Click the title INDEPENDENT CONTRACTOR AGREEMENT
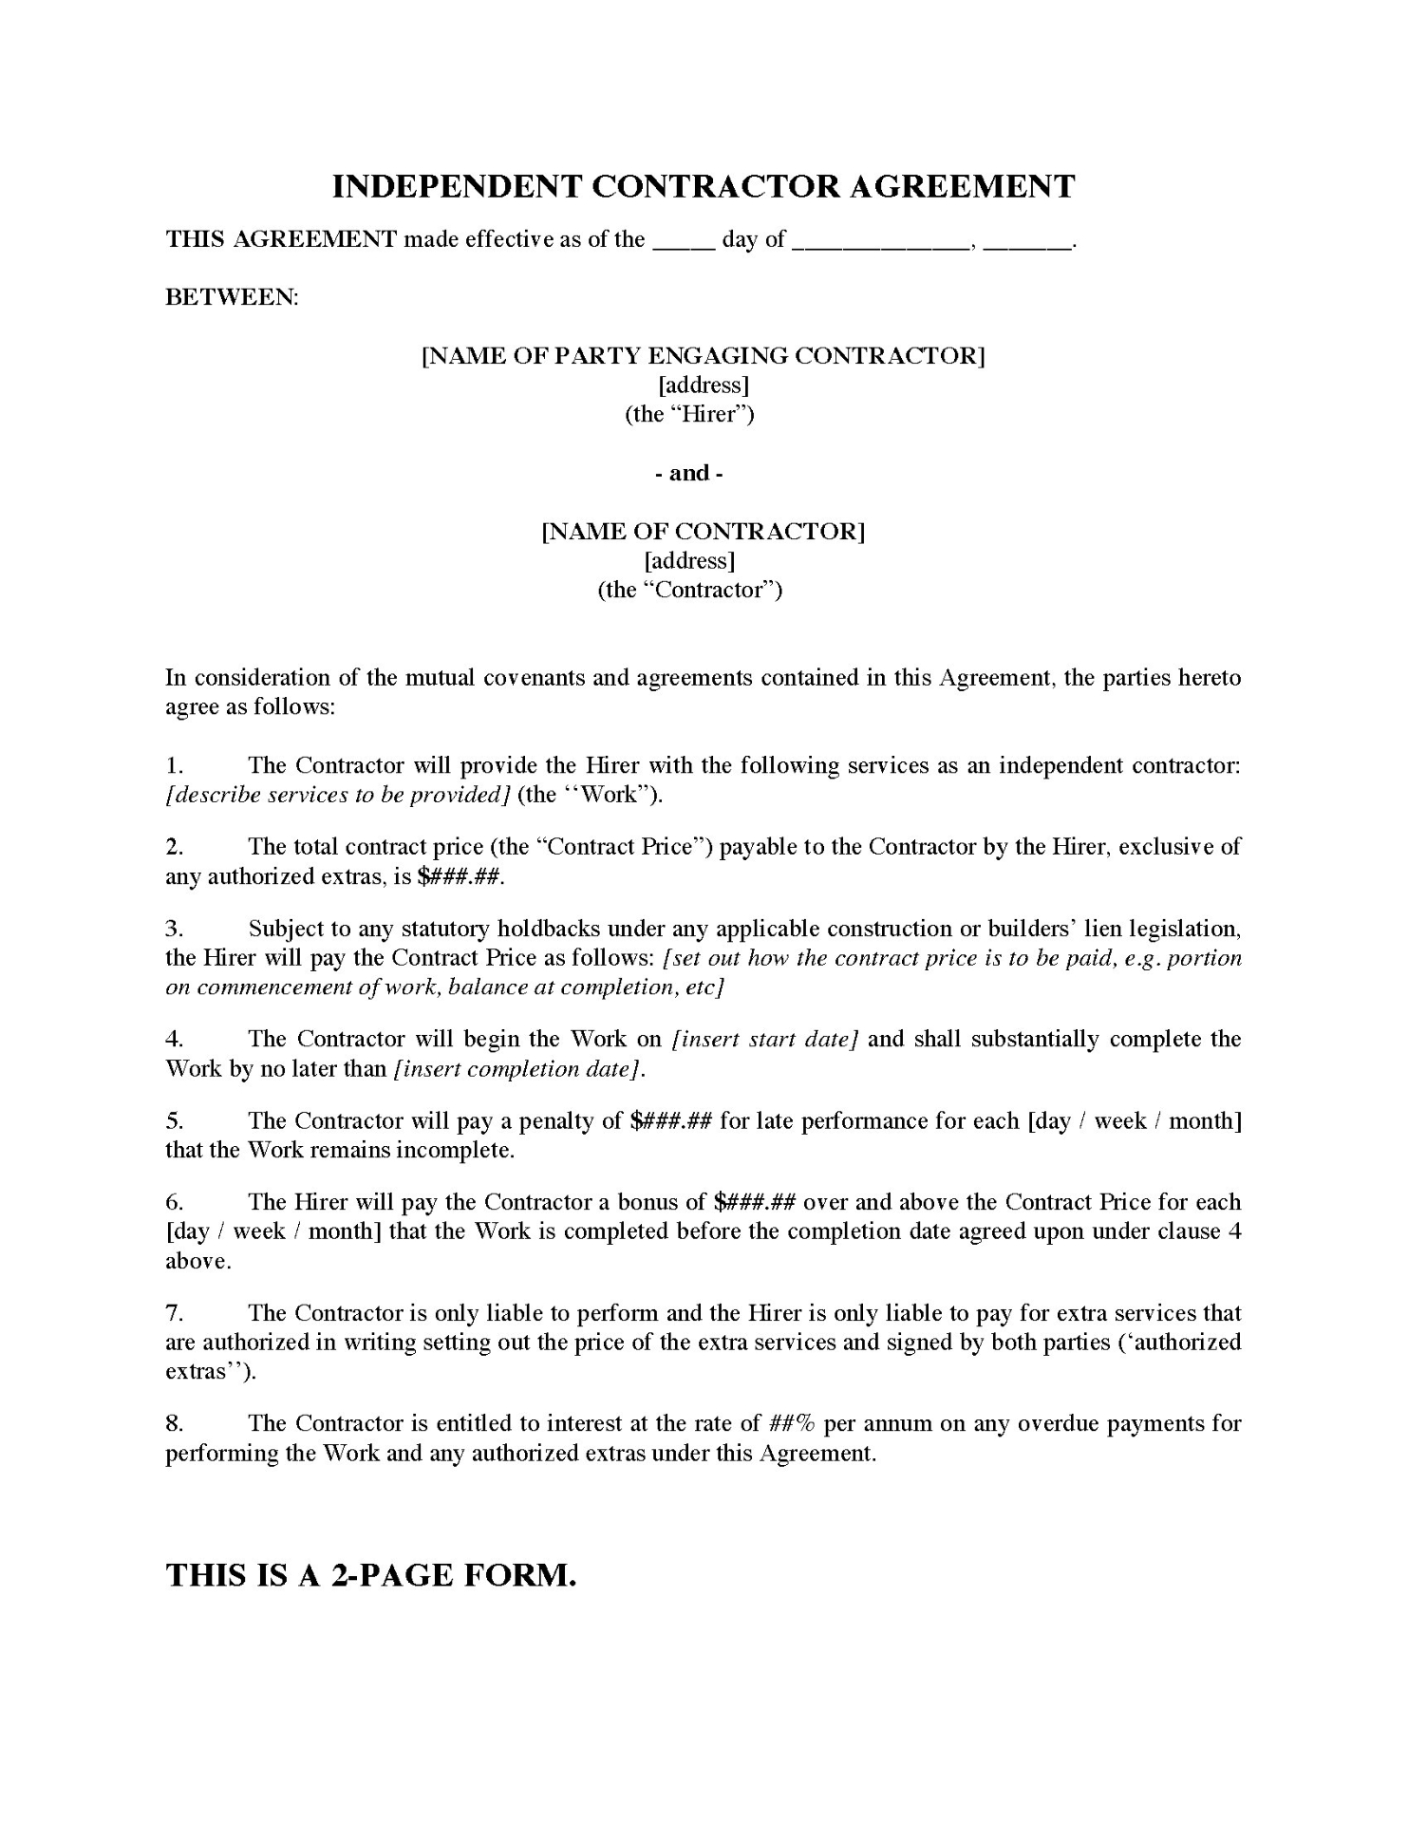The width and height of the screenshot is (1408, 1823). pos(703,186)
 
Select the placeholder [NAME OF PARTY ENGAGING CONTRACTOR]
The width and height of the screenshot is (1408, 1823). pos(703,356)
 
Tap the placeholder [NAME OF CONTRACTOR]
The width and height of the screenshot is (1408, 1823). pos(703,532)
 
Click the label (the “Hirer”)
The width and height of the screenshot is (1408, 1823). pos(689,415)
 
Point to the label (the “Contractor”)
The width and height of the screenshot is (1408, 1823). pos(689,591)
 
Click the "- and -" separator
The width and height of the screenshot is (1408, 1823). pos(689,474)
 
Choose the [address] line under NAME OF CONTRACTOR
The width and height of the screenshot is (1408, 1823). pos(689,561)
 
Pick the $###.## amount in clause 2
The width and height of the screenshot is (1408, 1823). pos(460,876)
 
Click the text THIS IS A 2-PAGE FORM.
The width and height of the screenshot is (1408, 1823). pos(371,1575)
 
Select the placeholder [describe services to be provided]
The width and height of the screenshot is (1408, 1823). pos(338,796)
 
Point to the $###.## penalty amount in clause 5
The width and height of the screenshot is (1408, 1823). pos(671,1121)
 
